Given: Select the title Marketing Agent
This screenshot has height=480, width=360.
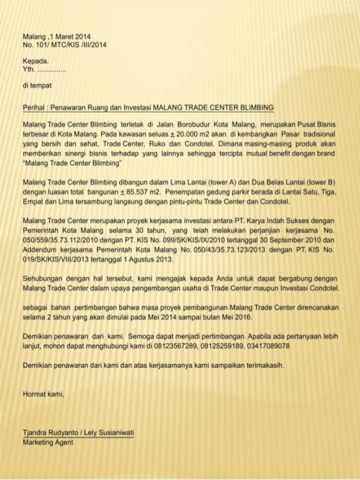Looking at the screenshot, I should coord(48,442).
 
